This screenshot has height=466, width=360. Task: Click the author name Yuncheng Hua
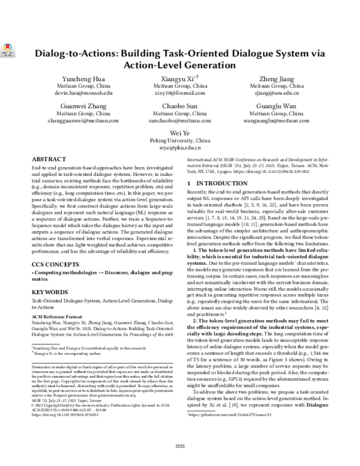coord(83,80)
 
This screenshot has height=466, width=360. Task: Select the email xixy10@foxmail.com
coord(180,94)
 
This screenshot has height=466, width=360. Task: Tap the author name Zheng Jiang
coord(277,80)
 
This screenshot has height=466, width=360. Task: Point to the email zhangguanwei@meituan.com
coord(83,120)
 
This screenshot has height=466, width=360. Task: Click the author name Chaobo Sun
coord(180,106)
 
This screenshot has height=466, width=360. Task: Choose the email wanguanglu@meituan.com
coord(277,120)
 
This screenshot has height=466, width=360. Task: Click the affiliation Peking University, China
coord(180,139)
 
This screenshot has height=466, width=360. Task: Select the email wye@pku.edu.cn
coord(180,147)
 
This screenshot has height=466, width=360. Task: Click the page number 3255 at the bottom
coord(180,445)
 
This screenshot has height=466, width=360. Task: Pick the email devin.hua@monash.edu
coord(83,94)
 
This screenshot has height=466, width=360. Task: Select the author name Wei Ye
coord(180,132)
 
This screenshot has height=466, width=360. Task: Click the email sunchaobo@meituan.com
coord(180,120)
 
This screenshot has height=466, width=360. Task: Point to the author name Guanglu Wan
coord(277,106)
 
